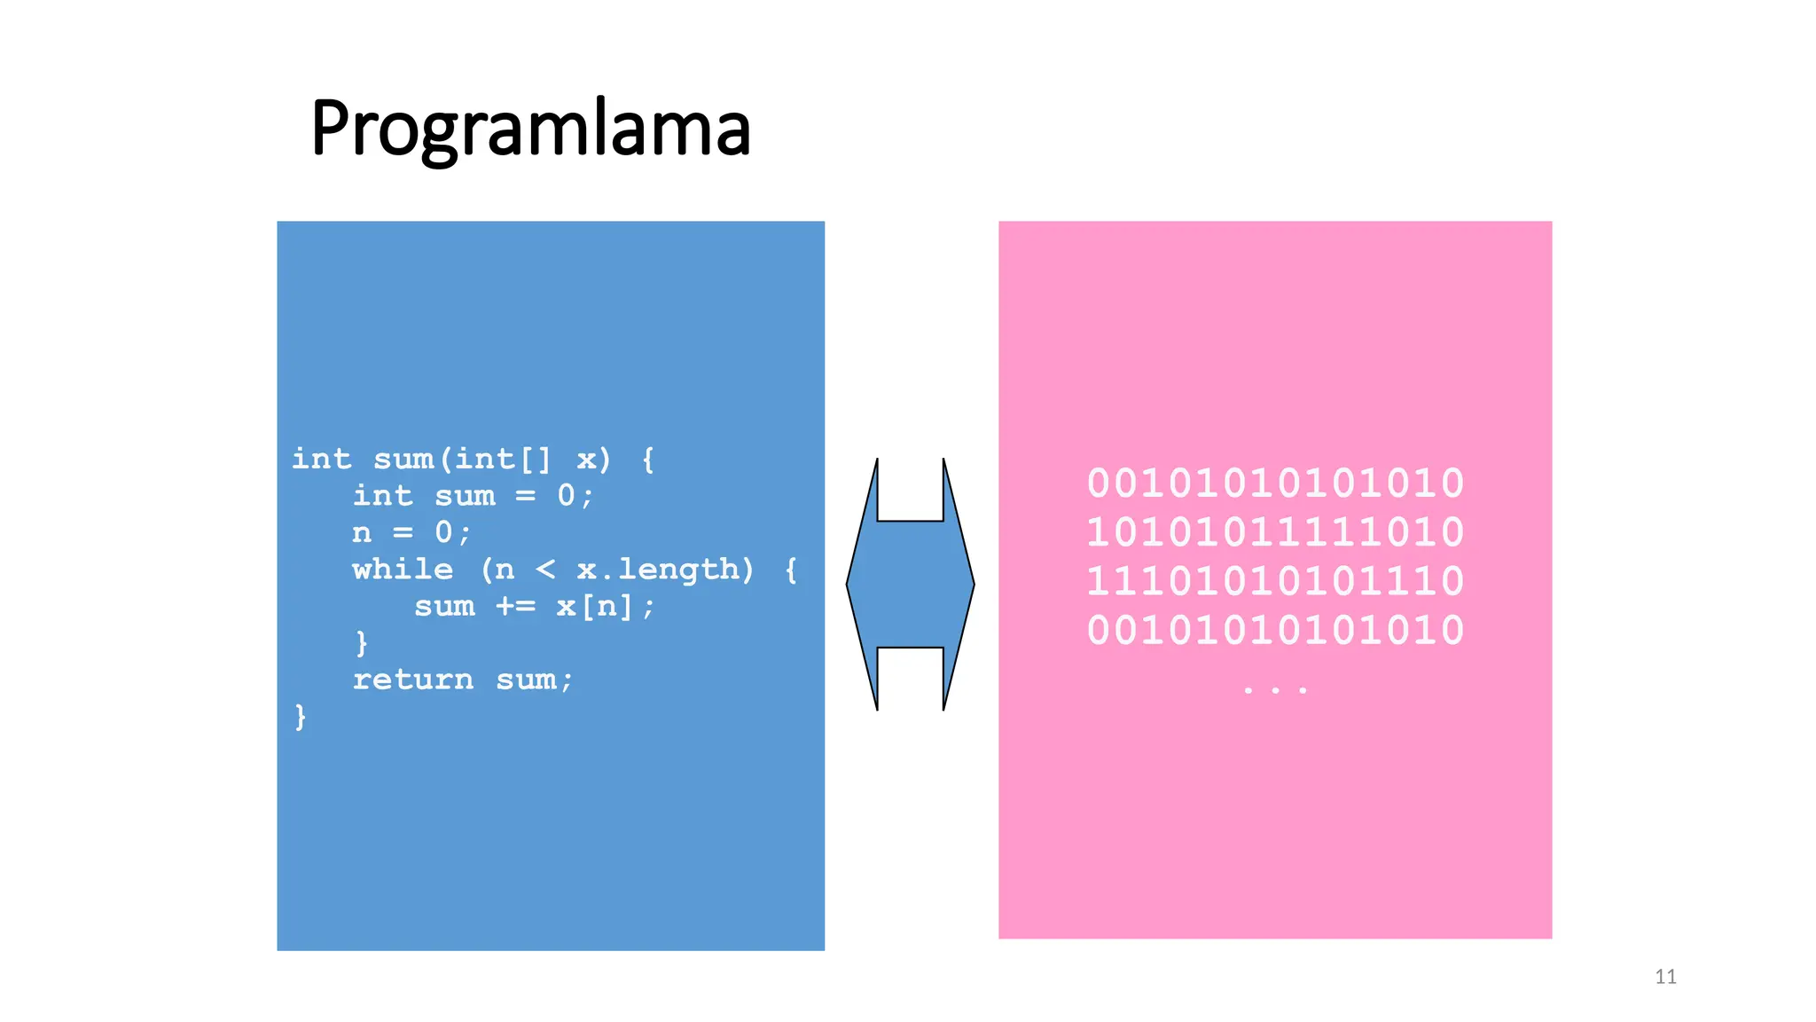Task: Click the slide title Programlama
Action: tap(530, 130)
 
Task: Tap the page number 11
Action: tap(1665, 977)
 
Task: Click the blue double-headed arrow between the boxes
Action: tap(910, 585)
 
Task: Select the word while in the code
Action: tap(403, 570)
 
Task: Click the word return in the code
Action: tap(413, 680)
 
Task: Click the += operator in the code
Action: tap(515, 607)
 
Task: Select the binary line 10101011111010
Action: tap(1275, 532)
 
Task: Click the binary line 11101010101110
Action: tap(1275, 581)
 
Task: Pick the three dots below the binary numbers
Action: tap(1275, 688)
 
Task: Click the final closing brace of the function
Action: tap(301, 717)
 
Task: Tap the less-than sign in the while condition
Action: tap(545, 570)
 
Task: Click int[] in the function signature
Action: tap(503, 460)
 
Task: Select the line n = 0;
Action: tap(411, 533)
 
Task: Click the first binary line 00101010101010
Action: tap(1275, 483)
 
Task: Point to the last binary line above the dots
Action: tap(1275, 631)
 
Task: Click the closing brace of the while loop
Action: tap(362, 643)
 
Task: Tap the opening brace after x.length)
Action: tap(791, 570)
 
